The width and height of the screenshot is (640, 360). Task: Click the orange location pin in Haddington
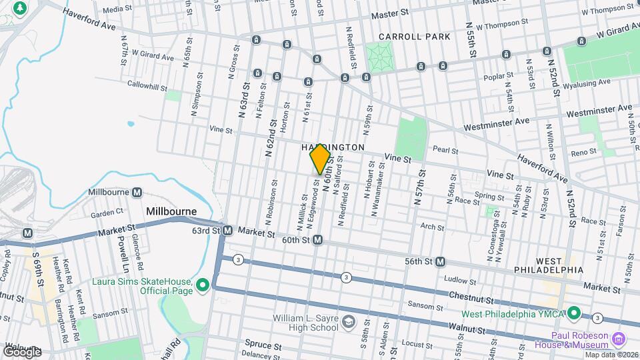[321, 159]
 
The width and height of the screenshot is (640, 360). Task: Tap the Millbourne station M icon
[137, 192]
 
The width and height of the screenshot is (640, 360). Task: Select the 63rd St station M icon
[227, 231]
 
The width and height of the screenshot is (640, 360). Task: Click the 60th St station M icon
[319, 239]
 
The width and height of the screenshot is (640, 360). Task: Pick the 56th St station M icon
[440, 262]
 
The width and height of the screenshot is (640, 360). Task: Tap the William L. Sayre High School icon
[348, 323]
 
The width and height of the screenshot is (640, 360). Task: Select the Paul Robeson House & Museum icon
[618, 339]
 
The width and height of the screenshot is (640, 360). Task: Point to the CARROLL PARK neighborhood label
[415, 37]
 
